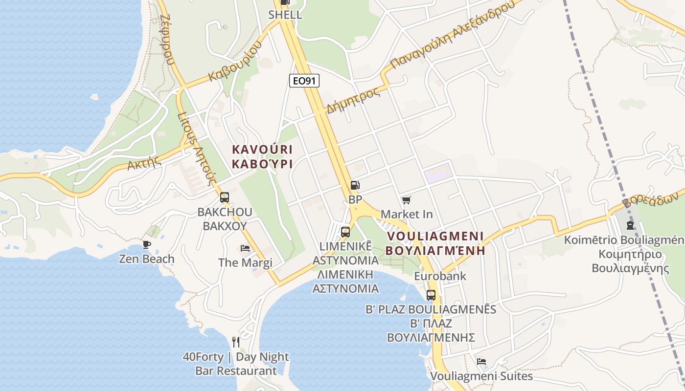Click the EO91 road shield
pos(304,81)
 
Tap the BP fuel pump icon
pos(355,185)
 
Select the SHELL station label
pos(285,15)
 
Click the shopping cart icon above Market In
pos(406,200)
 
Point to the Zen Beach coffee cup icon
pos(146,244)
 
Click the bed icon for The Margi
pos(245,248)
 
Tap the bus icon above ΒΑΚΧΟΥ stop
pos(225,197)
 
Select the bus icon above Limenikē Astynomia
pos(345,232)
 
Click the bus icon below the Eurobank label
pos(431,295)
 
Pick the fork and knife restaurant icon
pos(236,342)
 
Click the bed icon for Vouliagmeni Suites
pos(481,362)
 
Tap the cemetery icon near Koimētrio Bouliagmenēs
pos(630,225)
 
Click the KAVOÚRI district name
pos(262,150)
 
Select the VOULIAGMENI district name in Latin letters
pos(435,237)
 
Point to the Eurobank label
pos(440,276)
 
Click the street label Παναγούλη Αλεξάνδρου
pos(453,34)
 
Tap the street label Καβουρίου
pos(235,62)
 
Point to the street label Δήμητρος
pos(353,100)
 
